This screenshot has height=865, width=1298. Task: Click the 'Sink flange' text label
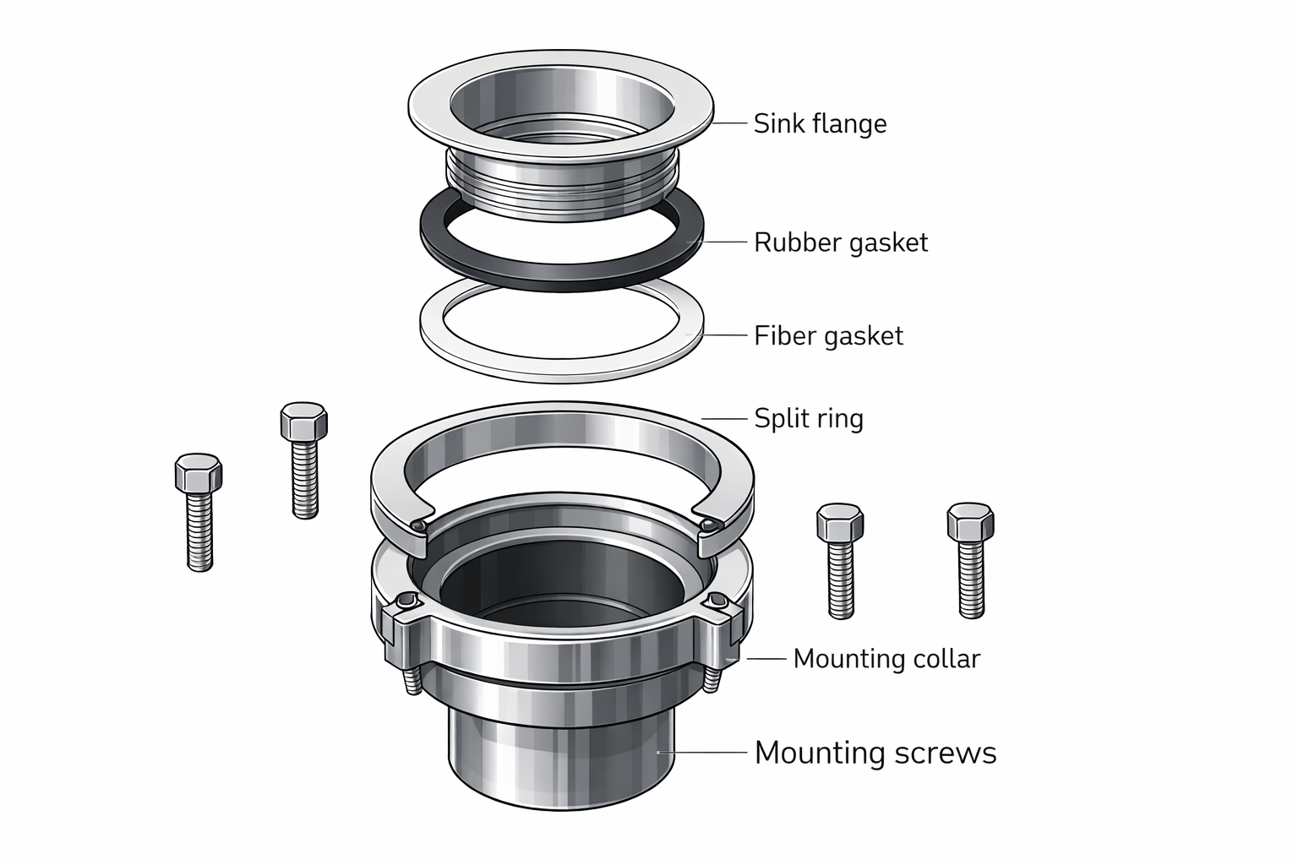click(x=820, y=123)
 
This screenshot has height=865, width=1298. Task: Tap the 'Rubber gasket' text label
click(x=840, y=242)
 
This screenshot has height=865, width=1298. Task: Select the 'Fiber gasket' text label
click(x=828, y=335)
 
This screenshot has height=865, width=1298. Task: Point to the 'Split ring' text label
click(x=808, y=418)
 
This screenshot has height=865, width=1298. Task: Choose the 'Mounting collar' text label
click(x=886, y=658)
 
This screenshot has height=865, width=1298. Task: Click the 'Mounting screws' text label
click(x=875, y=752)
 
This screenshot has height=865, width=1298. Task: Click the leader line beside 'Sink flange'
click(x=732, y=123)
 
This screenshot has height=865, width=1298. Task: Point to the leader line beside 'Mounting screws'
click(x=701, y=751)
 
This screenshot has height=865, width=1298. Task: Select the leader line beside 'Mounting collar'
click(x=765, y=658)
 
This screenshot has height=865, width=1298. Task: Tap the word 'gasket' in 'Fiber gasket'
click(x=863, y=336)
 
